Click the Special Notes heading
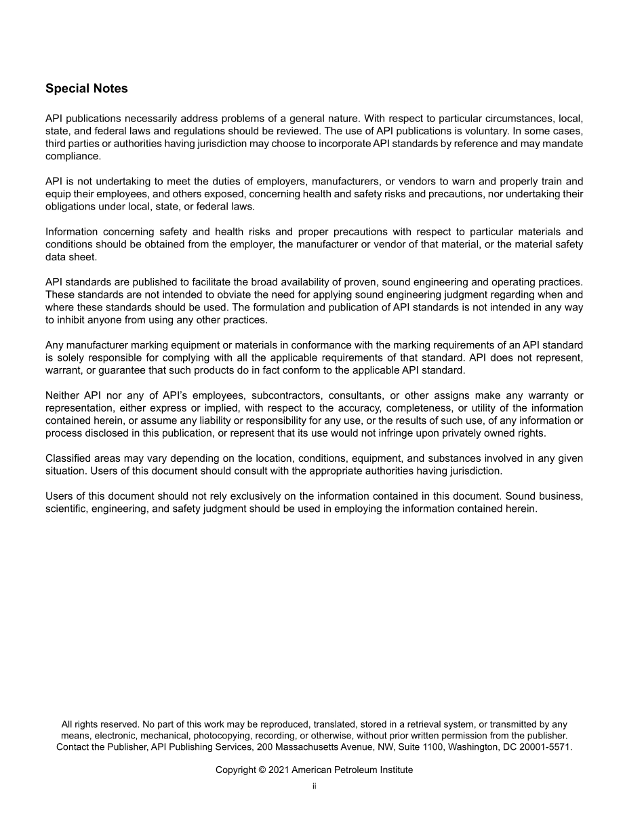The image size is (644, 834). [x=86, y=89]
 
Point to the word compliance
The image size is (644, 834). [x=73, y=156]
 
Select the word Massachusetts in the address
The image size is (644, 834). [x=315, y=747]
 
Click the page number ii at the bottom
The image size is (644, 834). [x=314, y=787]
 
